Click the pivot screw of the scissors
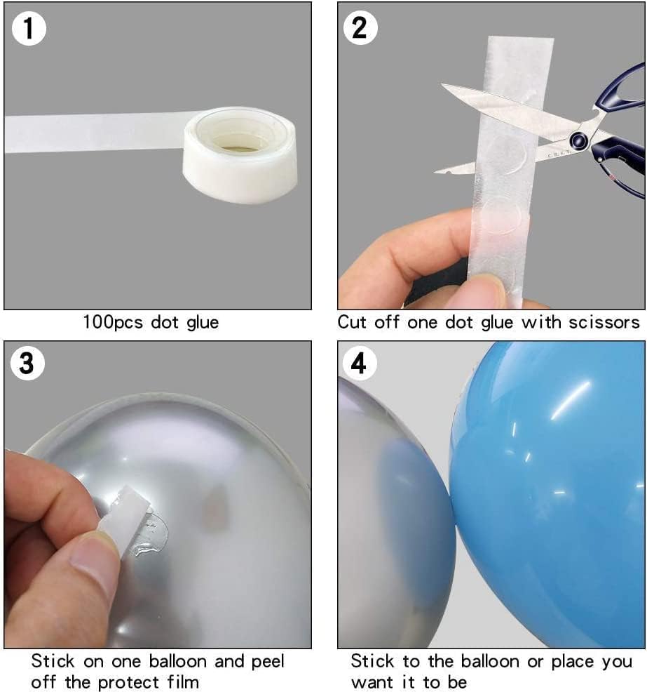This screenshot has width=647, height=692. click(578, 140)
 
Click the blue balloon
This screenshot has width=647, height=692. click(554, 491)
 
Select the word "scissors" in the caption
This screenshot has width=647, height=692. click(605, 323)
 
